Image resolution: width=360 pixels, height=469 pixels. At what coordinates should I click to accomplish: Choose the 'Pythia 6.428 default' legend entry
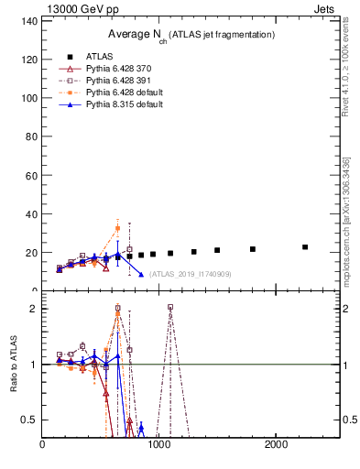pos(123,93)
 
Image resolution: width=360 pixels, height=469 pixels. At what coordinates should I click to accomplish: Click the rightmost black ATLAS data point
pos(305,246)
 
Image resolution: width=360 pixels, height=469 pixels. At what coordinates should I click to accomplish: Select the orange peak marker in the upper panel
pos(117,228)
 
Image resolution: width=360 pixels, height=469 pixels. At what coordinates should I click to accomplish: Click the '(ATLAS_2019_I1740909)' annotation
pos(191,274)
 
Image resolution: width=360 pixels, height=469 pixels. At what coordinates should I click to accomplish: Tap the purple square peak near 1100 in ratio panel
pos(170,308)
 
